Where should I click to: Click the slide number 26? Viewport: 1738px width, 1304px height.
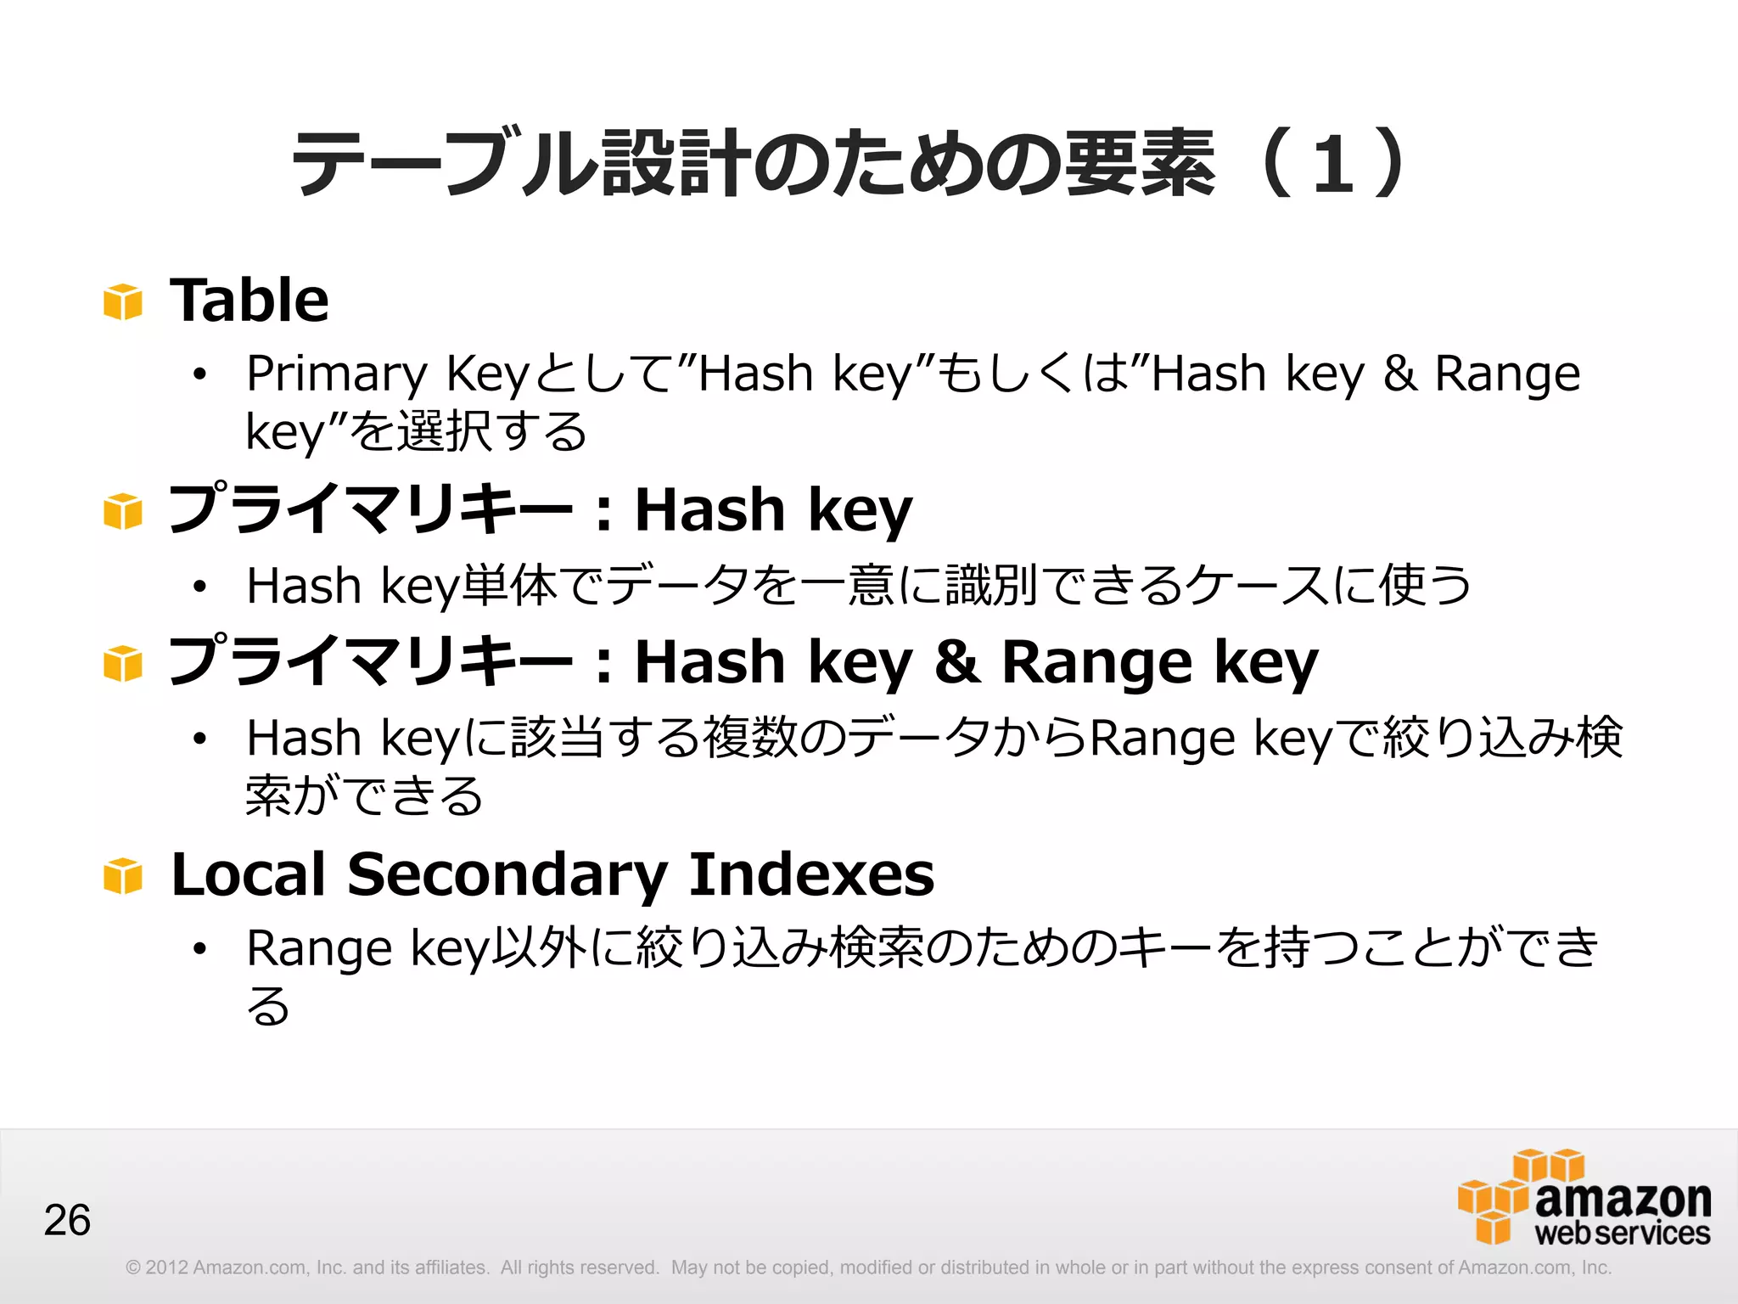click(67, 1221)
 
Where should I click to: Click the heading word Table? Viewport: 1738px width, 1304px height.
click(249, 301)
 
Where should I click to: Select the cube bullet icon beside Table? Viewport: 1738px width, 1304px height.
click(123, 302)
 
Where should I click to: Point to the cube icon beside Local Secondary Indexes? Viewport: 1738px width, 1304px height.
click(123, 876)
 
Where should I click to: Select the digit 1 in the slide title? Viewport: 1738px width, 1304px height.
click(1332, 165)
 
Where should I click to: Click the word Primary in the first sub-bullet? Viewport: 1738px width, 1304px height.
click(337, 374)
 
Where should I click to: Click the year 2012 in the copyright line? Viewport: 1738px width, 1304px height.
click(167, 1267)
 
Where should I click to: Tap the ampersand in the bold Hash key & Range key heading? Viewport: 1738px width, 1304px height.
click(957, 662)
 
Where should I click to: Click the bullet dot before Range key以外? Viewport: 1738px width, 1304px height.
click(199, 949)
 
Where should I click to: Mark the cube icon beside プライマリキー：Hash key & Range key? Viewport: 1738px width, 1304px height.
click(123, 664)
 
